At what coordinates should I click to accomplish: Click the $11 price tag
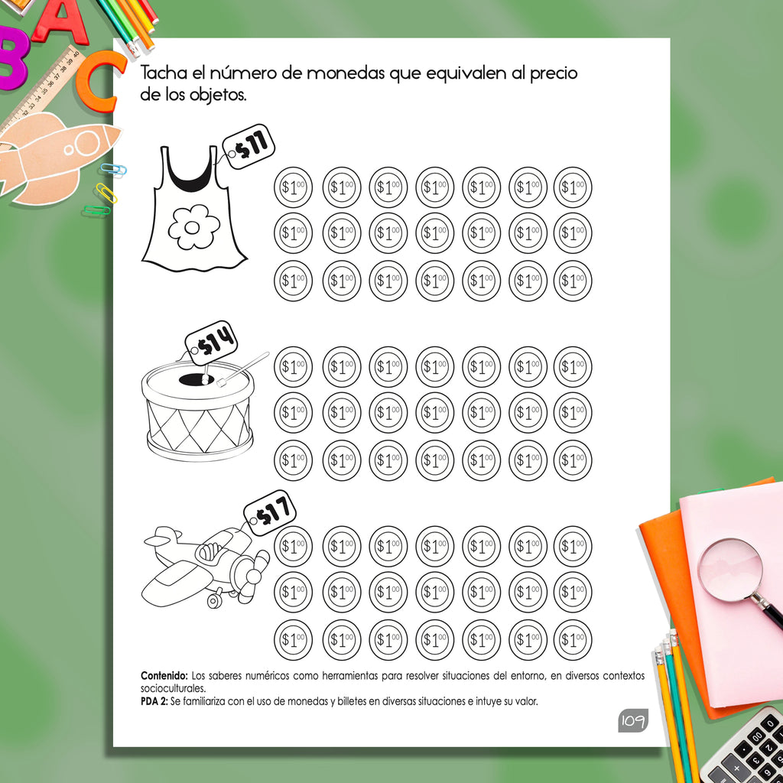point(249,146)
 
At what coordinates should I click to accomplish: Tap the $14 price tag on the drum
point(211,343)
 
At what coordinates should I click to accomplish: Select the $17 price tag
point(270,513)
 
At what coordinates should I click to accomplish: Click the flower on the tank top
point(193,226)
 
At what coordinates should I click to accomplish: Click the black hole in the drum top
point(197,379)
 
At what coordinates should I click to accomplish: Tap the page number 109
point(632,720)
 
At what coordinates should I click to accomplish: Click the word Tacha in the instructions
point(164,73)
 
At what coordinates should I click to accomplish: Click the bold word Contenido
point(164,676)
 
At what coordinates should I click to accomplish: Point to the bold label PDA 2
point(154,701)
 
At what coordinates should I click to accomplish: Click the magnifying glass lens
point(729,570)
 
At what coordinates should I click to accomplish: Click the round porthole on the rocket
point(88,143)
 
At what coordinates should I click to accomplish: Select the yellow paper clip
point(106,193)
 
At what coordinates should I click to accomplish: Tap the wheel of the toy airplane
point(215,599)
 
